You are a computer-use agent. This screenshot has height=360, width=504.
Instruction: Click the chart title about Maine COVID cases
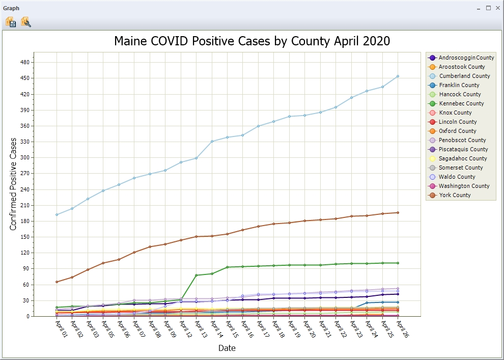tap(252, 41)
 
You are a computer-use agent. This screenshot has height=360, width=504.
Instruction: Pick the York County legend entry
tap(454, 195)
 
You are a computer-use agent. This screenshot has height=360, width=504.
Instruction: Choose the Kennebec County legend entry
tap(461, 103)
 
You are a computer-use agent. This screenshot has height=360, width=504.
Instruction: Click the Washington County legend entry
tap(464, 186)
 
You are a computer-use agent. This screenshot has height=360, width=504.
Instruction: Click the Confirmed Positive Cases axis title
tap(13, 184)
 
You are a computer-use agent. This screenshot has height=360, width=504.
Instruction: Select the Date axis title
tap(227, 348)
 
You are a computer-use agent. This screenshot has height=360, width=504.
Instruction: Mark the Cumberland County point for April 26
tap(398, 76)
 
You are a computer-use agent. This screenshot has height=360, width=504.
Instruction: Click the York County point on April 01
tap(57, 282)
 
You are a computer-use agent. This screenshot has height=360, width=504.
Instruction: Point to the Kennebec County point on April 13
tap(196, 275)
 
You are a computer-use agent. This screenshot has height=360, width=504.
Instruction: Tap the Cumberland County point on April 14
tap(212, 141)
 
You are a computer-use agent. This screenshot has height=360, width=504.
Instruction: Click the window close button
tap(497, 8)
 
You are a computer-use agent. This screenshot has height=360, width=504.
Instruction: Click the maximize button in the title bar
tap(488, 8)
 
